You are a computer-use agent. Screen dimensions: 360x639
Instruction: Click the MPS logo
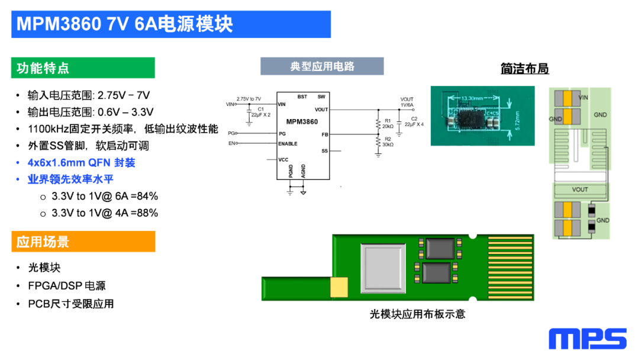[587, 339]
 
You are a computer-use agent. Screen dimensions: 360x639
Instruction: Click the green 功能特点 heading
[43, 68]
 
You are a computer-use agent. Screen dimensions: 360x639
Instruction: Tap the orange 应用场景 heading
[43, 242]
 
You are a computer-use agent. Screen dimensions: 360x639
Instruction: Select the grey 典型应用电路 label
[322, 66]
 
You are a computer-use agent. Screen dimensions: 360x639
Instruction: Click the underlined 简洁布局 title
[525, 69]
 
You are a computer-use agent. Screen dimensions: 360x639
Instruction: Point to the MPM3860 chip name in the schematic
[302, 121]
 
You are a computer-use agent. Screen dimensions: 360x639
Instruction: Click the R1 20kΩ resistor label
[388, 123]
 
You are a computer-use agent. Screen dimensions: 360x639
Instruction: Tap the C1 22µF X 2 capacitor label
[261, 112]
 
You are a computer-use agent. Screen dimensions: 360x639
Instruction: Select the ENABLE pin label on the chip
[288, 144]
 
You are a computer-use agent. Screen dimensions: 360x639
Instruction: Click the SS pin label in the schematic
[324, 151]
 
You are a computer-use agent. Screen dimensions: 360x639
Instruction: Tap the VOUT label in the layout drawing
[580, 189]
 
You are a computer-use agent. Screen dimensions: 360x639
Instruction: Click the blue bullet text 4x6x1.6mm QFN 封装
[82, 162]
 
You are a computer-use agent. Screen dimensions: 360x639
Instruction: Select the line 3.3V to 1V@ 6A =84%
[105, 196]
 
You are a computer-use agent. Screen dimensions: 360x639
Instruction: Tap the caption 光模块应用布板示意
[418, 314]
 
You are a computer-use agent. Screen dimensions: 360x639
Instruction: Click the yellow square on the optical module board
[340, 288]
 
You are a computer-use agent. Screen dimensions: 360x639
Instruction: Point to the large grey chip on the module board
[384, 266]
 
